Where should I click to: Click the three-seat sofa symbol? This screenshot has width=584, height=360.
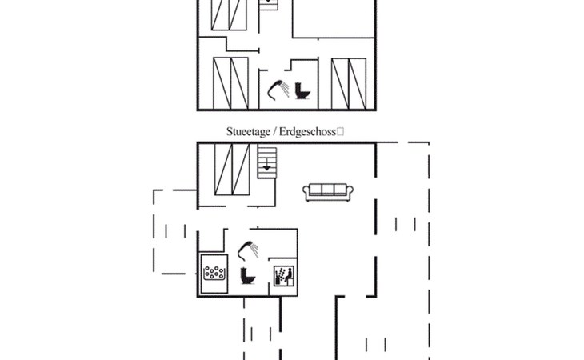click(328, 190)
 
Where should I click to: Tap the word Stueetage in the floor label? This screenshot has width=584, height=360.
click(248, 131)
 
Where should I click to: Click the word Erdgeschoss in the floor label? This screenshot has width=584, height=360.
click(308, 131)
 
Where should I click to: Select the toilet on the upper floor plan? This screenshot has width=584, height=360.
click(302, 89)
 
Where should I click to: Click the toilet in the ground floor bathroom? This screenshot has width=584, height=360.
click(247, 276)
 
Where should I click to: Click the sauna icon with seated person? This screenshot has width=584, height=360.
click(284, 277)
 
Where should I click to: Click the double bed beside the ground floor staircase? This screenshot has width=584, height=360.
click(233, 169)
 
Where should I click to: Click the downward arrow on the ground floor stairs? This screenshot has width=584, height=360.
click(266, 168)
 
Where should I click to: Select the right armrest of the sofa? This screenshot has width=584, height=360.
click(350, 191)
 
